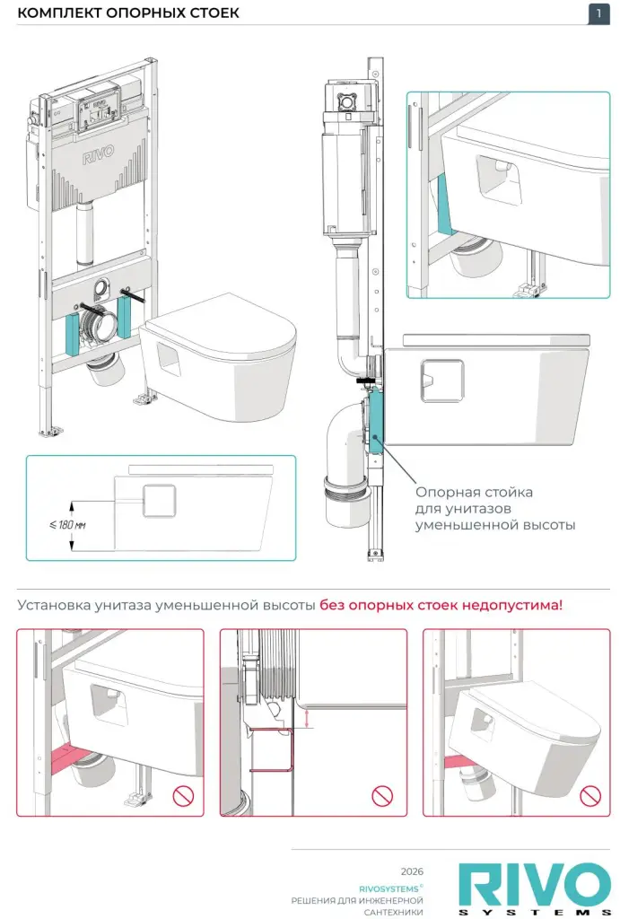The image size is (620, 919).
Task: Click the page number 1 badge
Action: [x=598, y=13]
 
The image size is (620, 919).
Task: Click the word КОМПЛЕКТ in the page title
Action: [x=57, y=13]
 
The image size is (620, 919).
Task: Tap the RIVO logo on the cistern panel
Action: [x=98, y=159]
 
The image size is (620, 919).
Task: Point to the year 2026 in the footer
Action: [x=412, y=871]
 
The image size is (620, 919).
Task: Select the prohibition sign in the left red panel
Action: [x=184, y=794]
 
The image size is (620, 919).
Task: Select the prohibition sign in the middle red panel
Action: [x=383, y=794]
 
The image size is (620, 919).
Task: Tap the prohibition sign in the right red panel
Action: [x=589, y=794]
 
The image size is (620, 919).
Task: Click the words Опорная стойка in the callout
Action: [x=461, y=493]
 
